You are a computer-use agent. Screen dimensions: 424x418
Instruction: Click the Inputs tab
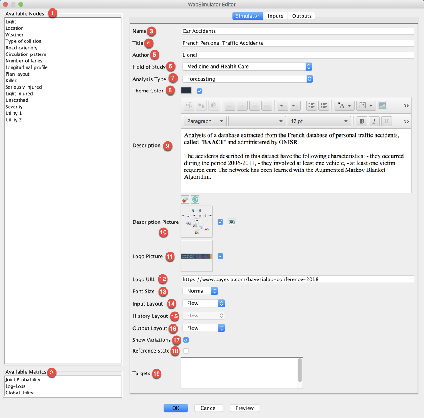pos(275,16)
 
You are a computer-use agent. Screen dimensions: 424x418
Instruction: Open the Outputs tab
pos(302,16)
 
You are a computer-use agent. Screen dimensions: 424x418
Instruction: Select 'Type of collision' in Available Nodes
pos(23,41)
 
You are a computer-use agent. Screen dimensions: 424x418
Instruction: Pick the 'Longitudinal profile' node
pos(27,67)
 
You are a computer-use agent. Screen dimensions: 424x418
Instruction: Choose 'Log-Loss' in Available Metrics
pos(15,386)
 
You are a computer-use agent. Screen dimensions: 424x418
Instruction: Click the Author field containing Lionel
pos(298,55)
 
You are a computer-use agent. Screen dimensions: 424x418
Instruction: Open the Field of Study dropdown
pos(247,67)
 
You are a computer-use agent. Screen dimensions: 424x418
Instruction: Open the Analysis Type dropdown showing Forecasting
pos(247,79)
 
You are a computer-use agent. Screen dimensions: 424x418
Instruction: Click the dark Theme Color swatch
pos(186,91)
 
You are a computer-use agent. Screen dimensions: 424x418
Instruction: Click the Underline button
pos(386,121)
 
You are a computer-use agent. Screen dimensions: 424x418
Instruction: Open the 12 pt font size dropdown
pos(319,121)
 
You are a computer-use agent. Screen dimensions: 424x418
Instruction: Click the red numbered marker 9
pos(168,146)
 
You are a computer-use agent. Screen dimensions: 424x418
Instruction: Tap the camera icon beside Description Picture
pos(232,222)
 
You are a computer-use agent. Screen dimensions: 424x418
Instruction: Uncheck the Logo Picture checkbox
pos(220,256)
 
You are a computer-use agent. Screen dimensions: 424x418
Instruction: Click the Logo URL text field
pos(298,279)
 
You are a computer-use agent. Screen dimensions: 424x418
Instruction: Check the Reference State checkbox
pos(186,351)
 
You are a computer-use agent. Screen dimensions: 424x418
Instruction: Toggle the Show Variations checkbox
pos(186,340)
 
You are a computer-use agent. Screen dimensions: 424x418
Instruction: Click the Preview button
pos(245,408)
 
